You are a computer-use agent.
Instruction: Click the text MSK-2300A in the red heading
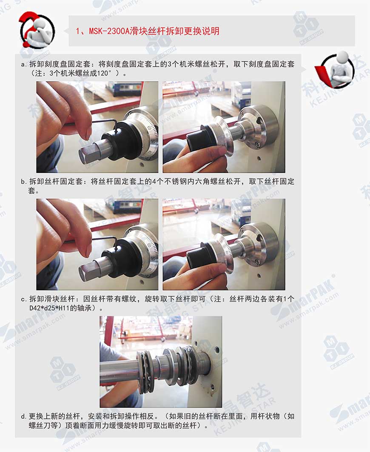(109, 31)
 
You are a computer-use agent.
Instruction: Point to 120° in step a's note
(104, 73)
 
